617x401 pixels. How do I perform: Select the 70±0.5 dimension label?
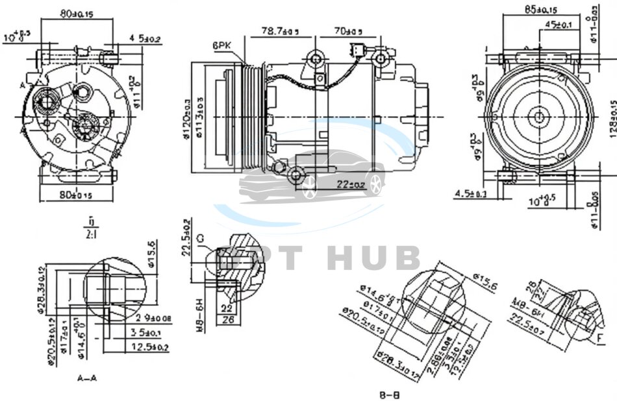pos(348,30)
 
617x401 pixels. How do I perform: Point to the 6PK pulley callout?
pos(221,45)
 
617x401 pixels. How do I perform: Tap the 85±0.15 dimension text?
pos(540,10)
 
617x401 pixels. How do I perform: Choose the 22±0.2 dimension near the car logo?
pos(350,184)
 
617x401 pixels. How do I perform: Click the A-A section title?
pos(86,378)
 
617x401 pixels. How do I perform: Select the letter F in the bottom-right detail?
pos(601,337)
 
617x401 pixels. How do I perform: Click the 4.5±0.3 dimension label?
pos(471,193)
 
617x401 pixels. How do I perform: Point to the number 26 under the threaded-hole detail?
pos(229,319)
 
